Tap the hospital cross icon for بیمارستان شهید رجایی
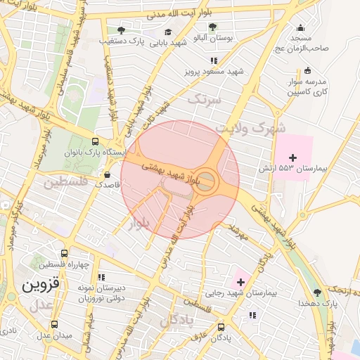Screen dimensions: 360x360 240,281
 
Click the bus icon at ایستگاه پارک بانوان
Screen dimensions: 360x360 95,141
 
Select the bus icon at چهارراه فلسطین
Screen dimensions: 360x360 64,253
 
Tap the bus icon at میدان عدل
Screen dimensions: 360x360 54,324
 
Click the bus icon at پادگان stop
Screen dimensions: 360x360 221,326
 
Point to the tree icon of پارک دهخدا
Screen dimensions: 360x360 317,292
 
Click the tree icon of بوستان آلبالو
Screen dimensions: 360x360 212,27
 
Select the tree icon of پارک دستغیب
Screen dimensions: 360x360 121,30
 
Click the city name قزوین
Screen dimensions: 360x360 41,286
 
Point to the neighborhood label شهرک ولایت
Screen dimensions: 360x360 251,128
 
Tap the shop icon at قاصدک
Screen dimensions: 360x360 107,174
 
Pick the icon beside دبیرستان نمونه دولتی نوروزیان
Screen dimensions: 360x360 101,278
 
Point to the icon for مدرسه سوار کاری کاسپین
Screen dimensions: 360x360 307,70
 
